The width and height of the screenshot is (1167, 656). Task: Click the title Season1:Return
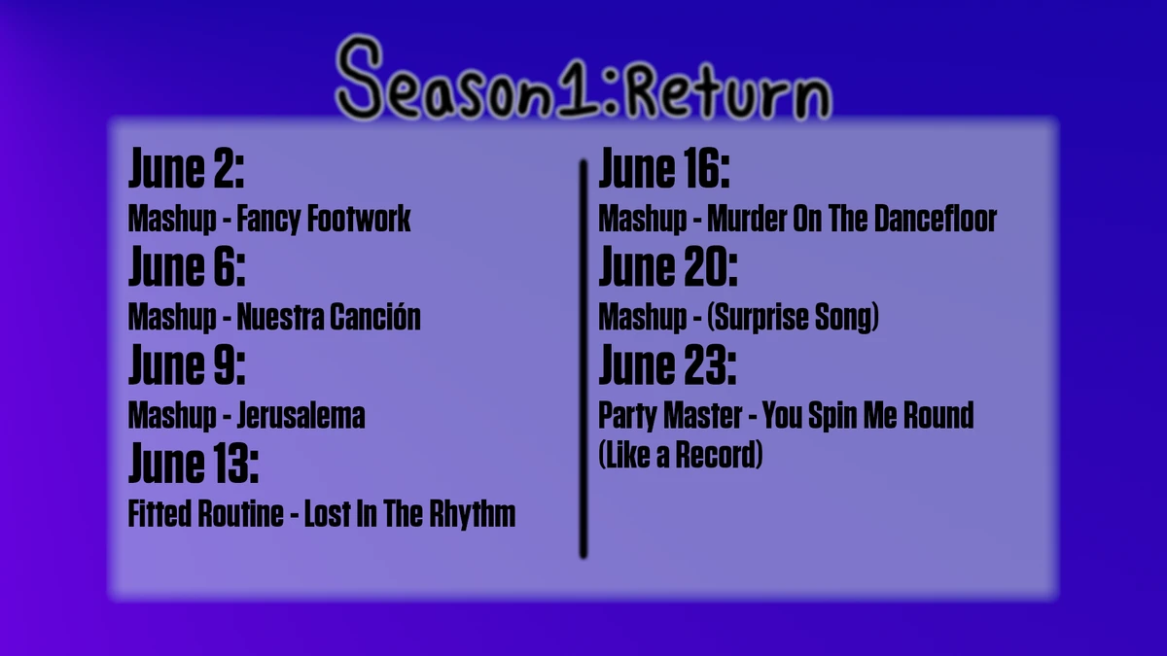[583, 80]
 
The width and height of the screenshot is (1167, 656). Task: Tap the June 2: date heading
[186, 171]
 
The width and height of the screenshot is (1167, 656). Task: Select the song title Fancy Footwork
[324, 219]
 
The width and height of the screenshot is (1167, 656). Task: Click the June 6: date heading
[186, 268]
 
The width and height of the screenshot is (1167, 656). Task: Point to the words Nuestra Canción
[329, 317]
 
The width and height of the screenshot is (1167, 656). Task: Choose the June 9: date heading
[186, 366]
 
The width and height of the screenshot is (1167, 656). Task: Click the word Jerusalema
[301, 416]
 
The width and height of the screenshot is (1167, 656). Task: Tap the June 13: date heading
[194, 465]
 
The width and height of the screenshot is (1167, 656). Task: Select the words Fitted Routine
[204, 514]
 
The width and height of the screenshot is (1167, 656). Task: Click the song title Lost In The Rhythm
[409, 514]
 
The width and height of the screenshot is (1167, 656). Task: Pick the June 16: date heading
[663, 171]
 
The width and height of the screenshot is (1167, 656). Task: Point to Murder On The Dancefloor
[852, 219]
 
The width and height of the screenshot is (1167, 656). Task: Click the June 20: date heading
[667, 268]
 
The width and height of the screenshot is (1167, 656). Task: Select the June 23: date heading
[666, 366]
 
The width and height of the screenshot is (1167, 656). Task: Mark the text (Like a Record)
[680, 455]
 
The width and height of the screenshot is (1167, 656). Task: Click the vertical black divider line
[583, 360]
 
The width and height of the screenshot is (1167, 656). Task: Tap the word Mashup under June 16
[642, 219]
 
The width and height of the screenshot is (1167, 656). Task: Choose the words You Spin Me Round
[867, 416]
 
